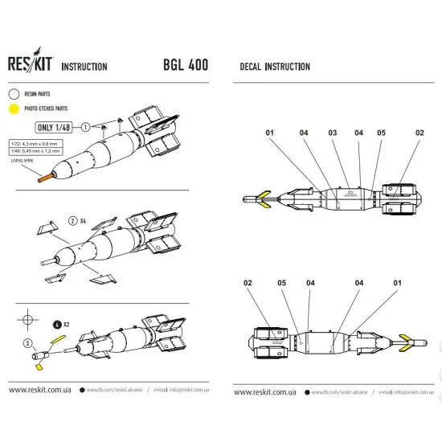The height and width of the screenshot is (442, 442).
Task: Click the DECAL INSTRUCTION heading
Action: pyautogui.click(x=275, y=66)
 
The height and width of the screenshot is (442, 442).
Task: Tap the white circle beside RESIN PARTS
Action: pyautogui.click(x=14, y=94)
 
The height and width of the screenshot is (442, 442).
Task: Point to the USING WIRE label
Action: pyautogui.click(x=22, y=161)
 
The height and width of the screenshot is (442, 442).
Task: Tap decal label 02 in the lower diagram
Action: pyautogui.click(x=248, y=282)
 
